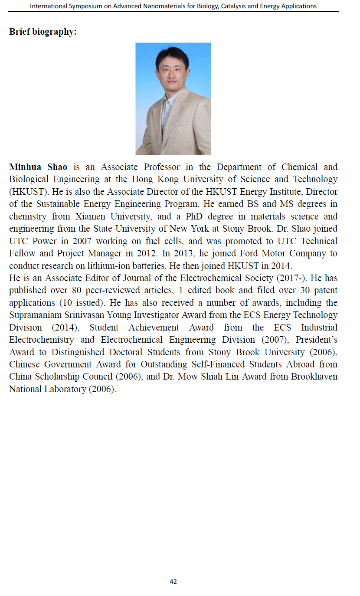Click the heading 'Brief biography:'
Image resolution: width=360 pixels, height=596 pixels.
pos(43,32)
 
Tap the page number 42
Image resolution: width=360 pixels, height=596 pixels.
pos(173,582)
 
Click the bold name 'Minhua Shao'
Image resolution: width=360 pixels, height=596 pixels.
pos(38,167)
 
